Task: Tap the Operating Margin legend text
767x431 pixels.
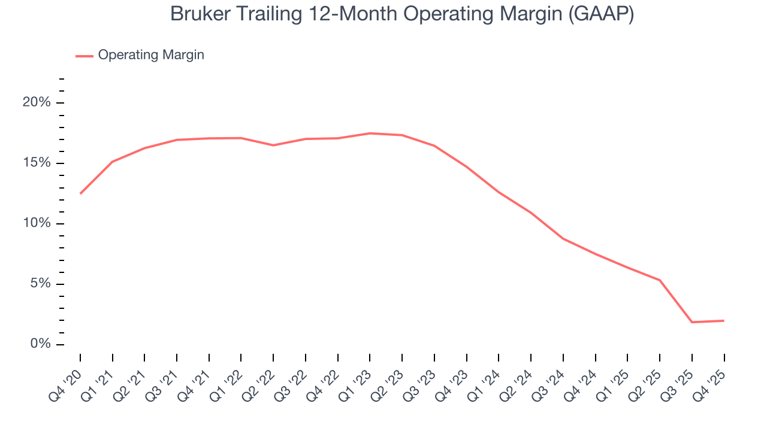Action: (151, 55)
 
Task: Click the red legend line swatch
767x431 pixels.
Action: (84, 56)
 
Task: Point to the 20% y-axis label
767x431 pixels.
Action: (37, 103)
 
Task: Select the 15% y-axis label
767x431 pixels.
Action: (37, 163)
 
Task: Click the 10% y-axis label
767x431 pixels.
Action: (37, 224)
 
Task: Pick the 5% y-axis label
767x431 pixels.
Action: (40, 284)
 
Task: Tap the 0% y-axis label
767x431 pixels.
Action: (40, 344)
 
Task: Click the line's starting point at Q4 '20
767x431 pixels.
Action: (80, 193)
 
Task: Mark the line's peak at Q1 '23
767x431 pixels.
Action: (370, 133)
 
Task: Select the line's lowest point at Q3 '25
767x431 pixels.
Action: (691, 322)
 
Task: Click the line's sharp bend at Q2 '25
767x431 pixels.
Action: (660, 280)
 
